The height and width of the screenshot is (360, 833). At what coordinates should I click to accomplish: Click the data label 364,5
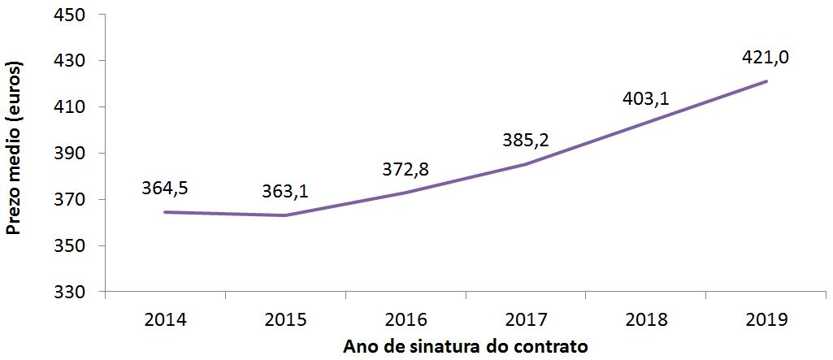(165, 189)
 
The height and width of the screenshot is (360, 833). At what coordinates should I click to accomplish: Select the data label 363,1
(285, 192)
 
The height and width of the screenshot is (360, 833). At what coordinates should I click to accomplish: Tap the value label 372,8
(406, 169)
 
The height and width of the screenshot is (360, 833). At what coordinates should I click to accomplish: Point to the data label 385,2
(526, 140)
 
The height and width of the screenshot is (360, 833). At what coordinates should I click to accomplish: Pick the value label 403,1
(646, 98)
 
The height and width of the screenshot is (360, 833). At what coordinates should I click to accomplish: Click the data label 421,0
(766, 58)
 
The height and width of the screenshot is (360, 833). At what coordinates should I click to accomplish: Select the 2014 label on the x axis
(165, 319)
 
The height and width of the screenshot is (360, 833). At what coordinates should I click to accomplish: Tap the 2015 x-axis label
(285, 319)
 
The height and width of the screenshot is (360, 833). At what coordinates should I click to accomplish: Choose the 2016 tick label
(406, 319)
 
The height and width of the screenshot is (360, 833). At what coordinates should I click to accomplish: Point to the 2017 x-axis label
(526, 319)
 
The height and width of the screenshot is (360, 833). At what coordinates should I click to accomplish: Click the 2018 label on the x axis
(646, 319)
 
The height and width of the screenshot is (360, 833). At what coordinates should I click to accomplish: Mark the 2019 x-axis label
(766, 319)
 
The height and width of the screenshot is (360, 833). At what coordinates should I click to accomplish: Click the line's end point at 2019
(766, 81)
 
